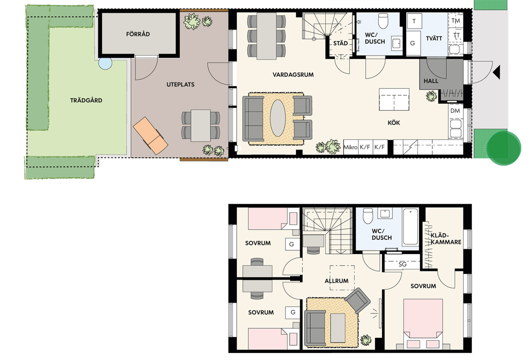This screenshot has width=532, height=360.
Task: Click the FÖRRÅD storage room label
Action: [x=138, y=34]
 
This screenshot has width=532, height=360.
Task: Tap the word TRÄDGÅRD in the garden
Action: [x=86, y=100]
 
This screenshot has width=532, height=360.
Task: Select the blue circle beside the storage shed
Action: [x=105, y=63]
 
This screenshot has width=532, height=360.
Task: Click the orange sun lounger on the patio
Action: [x=150, y=136]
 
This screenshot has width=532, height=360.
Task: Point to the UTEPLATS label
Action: [x=180, y=85]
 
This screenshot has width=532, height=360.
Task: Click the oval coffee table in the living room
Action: [x=278, y=118]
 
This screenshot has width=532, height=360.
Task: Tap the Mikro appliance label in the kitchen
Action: [x=350, y=147]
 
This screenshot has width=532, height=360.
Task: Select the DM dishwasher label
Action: [x=455, y=111]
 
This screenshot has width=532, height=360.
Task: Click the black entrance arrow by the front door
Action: [x=497, y=72]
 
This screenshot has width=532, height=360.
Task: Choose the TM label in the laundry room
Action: [x=456, y=21]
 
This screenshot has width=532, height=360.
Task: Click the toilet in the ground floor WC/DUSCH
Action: [x=383, y=21]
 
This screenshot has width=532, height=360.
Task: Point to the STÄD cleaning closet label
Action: [x=340, y=43]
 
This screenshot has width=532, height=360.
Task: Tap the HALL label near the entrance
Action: [x=431, y=81]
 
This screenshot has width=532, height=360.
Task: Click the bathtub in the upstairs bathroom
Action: [x=411, y=227]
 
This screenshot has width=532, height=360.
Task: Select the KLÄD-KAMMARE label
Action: [x=446, y=239]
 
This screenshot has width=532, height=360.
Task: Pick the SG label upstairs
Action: [x=403, y=264]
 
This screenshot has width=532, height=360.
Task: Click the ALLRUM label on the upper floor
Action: [x=336, y=281]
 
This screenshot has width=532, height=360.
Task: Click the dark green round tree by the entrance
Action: [x=504, y=148]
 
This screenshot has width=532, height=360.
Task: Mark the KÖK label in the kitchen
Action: [x=394, y=123]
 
